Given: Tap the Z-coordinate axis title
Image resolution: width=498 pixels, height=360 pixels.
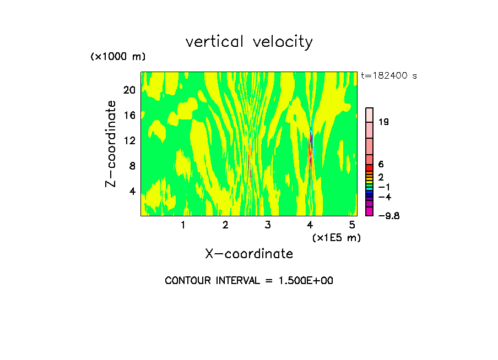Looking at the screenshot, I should [111, 144].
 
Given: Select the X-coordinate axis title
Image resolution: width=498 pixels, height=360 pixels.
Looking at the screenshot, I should [249, 254].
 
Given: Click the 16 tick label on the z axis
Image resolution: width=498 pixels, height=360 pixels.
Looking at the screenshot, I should [129, 115].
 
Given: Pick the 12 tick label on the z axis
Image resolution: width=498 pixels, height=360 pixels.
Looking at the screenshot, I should [129, 140].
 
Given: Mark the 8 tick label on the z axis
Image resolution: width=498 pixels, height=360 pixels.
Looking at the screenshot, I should [132, 166].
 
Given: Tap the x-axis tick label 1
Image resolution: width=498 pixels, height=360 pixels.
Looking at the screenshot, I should [183, 225].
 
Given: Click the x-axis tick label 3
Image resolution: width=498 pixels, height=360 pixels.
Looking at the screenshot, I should [268, 225].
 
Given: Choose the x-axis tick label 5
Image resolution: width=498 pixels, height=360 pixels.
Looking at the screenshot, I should [353, 225].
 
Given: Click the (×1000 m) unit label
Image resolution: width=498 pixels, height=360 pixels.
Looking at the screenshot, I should [117, 57].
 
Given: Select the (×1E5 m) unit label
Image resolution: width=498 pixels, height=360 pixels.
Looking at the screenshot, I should [336, 237].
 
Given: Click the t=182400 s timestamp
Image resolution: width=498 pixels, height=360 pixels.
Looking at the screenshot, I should [388, 75].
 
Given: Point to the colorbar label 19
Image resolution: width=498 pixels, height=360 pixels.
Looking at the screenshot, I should [383, 122].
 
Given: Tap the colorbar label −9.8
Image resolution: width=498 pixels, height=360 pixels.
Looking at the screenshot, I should [388, 215].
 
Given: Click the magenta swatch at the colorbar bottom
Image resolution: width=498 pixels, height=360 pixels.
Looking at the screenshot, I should [370, 212].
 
